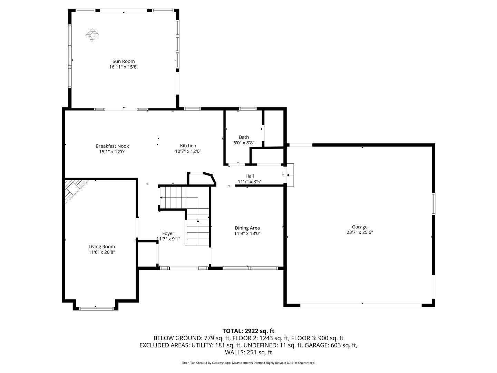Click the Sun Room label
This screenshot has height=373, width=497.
tap(124, 61)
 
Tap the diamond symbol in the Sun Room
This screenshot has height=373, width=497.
tap(92, 35)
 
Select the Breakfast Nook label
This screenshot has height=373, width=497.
tap(112, 146)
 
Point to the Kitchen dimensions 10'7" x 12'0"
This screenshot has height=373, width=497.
tap(188, 151)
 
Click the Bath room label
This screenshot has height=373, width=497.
tap(244, 137)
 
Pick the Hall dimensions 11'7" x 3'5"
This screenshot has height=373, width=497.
tap(250, 182)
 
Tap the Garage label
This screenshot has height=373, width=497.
tap(360, 227)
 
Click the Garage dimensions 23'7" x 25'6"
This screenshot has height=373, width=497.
tap(360, 232)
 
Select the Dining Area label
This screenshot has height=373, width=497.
tap(247, 228)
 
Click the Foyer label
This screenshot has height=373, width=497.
tap(168, 233)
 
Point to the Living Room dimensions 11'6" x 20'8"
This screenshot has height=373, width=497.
tap(102, 252)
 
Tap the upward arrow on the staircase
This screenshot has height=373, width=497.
tap(198, 232)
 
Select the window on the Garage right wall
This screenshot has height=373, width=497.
tap(433, 204)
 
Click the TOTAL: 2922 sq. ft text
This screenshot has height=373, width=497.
tap(248, 331)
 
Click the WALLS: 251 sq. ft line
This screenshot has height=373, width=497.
tap(248, 352)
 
